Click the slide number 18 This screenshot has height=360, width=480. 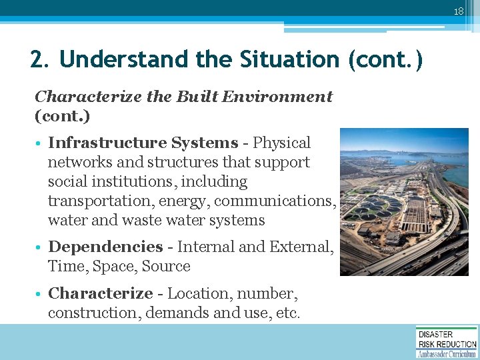[x=458, y=11]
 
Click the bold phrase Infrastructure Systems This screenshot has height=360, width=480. [x=143, y=143]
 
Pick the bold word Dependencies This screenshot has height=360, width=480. [x=105, y=247]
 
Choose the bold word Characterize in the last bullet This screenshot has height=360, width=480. [x=101, y=293]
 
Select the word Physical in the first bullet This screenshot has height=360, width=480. [x=281, y=143]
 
